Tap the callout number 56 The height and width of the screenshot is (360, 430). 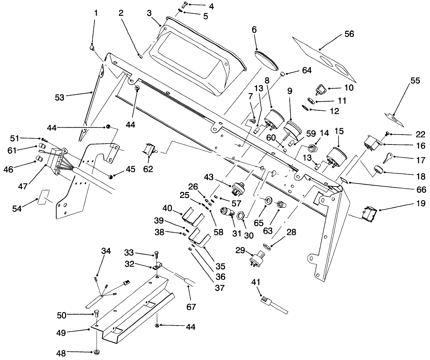pyautogui.click(x=349, y=34)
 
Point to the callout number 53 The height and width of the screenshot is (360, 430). pyautogui.click(x=59, y=97)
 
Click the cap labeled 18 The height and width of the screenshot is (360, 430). pyautogui.click(x=377, y=170)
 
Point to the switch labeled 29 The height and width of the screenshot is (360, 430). pyautogui.click(x=259, y=258)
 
